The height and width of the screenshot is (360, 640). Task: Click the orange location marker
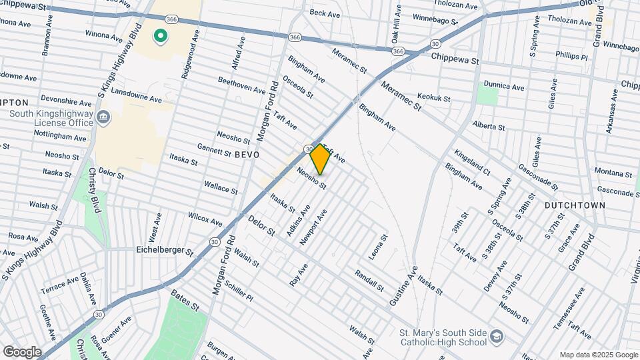click(320, 159)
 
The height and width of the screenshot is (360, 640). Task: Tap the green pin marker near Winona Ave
click(160, 35)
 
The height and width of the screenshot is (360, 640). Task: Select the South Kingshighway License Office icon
click(103, 119)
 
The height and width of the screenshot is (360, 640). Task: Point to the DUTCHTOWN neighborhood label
click(575, 205)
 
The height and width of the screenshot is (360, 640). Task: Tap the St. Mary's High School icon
click(496, 337)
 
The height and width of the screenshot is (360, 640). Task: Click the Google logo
click(22, 351)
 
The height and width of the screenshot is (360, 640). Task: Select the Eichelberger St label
click(165, 251)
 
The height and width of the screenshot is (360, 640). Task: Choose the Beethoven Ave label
click(242, 85)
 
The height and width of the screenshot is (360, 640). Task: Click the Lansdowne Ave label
click(136, 94)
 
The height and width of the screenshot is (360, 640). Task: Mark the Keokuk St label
click(433, 98)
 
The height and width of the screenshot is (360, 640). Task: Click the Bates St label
click(185, 301)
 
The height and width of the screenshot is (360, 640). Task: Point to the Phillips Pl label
click(571, 57)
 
